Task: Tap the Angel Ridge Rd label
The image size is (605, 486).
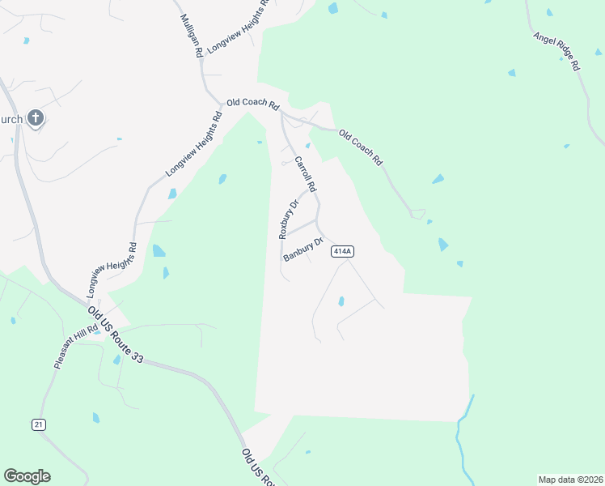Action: pyautogui.click(x=557, y=52)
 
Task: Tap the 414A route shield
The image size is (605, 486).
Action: pyautogui.click(x=342, y=252)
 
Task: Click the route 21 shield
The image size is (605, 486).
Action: pyautogui.click(x=38, y=424)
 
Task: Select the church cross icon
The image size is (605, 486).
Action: pyautogui.click(x=35, y=119)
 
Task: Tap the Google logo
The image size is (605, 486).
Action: pyautogui.click(x=27, y=475)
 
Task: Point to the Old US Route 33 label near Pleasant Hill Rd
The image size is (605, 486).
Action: pyautogui.click(x=116, y=335)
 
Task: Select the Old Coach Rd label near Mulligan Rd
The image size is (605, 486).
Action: pyautogui.click(x=252, y=104)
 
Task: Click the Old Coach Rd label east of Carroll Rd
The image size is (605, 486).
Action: pyautogui.click(x=360, y=147)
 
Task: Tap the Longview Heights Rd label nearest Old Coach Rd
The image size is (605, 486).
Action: pyautogui.click(x=193, y=145)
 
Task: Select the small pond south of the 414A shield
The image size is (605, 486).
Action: pyautogui.click(x=341, y=301)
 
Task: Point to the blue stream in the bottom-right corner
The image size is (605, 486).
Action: pyautogui.click(x=463, y=437)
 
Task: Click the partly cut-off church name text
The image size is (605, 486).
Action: pyautogui.click(x=11, y=120)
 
